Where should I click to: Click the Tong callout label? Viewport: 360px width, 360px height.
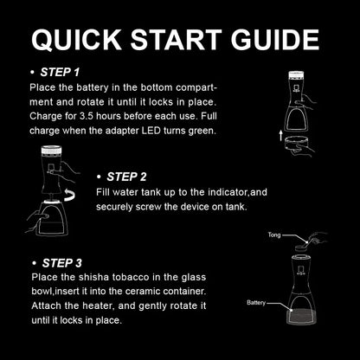point(274,234)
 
